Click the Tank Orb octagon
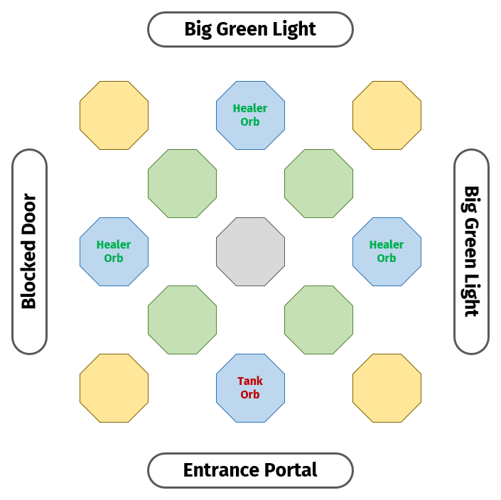coord(250,388)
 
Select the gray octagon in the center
coord(250,251)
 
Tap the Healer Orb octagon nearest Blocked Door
coord(114,251)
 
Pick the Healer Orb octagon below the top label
coord(250,115)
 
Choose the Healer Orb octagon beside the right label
coord(387,251)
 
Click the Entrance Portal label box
coord(250,470)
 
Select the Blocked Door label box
coord(29,251)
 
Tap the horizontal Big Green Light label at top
coord(250,29)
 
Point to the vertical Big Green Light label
coord(471,251)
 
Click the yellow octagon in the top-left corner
coord(114,115)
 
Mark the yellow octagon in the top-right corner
coord(387,115)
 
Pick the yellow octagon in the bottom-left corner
coord(114,388)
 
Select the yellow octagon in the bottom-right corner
coord(387,388)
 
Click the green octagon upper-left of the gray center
coord(182,183)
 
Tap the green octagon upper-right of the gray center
coord(318,183)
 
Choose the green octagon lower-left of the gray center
coord(182,320)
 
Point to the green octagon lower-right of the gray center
coord(318,320)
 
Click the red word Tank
coord(250,381)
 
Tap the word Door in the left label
coord(29,216)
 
